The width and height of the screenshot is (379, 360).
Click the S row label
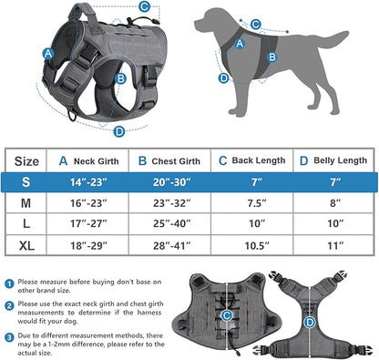26,181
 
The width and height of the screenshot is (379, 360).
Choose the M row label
26,204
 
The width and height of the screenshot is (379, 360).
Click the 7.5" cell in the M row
254,204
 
